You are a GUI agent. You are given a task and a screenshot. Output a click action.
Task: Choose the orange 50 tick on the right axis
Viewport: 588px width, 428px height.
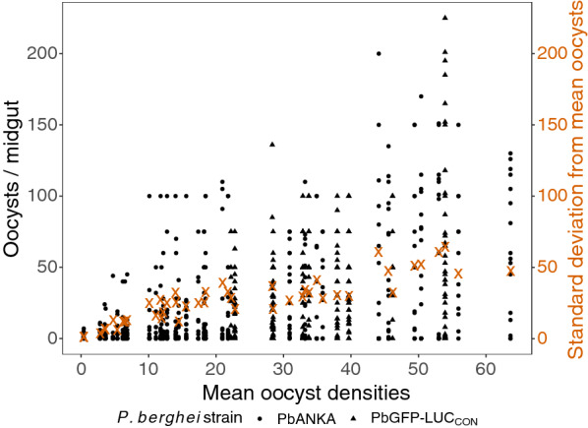pyautogui.click(x=543, y=267)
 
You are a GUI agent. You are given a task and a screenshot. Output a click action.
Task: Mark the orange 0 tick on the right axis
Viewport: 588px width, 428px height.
pyautogui.click(x=539, y=338)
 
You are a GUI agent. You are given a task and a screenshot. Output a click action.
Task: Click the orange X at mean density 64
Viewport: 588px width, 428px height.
pyautogui.click(x=510, y=272)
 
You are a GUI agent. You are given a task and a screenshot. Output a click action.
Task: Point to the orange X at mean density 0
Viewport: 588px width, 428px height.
pyautogui.click(x=84, y=336)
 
